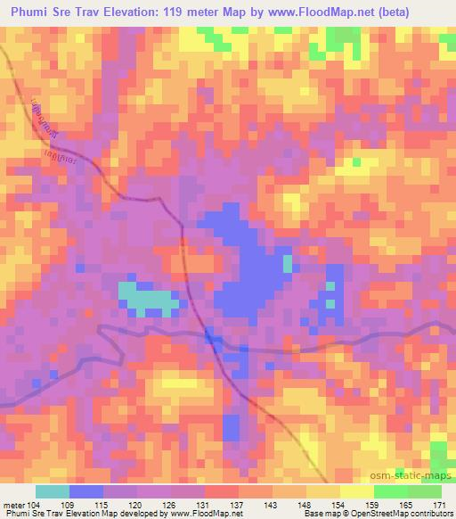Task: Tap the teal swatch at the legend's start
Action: point(52,491)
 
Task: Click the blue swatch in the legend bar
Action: point(85,491)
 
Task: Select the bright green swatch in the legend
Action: point(390,491)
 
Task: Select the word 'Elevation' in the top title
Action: point(173,12)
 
